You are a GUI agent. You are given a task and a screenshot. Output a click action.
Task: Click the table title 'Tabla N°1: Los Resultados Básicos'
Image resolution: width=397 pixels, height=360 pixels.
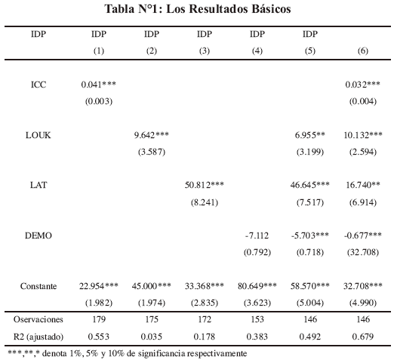(x=198, y=9)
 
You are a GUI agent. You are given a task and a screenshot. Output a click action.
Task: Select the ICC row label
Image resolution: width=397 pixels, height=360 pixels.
(x=38, y=85)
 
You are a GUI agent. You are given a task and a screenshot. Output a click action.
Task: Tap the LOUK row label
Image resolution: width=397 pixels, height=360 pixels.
(x=38, y=135)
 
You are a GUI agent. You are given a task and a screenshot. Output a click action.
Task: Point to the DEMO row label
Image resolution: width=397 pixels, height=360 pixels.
(x=38, y=235)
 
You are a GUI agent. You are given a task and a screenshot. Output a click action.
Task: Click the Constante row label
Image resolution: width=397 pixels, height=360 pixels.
(x=38, y=286)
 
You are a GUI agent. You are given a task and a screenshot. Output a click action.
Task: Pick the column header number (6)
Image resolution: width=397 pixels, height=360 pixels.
(x=363, y=51)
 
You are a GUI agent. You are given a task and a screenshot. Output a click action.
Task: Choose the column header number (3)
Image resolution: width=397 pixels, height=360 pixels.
(x=205, y=51)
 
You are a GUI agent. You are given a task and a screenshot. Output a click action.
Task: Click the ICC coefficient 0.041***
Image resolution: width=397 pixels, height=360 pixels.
(x=98, y=85)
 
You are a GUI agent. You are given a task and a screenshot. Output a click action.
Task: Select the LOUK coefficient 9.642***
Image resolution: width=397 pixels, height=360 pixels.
(x=152, y=135)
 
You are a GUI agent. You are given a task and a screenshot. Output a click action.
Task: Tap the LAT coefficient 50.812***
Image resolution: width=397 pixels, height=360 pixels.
(x=205, y=185)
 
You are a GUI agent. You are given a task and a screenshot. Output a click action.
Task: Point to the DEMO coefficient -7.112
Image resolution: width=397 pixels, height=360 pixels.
(x=257, y=235)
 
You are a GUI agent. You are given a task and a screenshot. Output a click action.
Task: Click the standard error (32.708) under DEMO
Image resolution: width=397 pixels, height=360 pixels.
(x=363, y=252)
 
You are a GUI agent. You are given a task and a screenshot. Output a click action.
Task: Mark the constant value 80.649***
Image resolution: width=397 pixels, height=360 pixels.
(x=257, y=286)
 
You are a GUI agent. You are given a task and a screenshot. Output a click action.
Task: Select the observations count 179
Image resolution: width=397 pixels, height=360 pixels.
(x=98, y=319)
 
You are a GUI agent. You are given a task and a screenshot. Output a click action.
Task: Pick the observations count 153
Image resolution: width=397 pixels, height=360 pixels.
(x=257, y=319)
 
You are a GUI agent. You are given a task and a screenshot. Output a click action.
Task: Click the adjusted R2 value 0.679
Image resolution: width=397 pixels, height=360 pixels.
(x=363, y=337)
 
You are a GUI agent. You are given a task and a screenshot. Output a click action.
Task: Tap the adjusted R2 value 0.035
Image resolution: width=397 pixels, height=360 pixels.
(x=152, y=337)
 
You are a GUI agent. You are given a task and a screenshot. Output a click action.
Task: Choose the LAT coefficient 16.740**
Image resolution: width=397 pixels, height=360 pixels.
(x=363, y=185)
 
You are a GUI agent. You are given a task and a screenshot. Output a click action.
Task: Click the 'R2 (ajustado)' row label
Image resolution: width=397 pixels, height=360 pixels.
(x=38, y=337)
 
